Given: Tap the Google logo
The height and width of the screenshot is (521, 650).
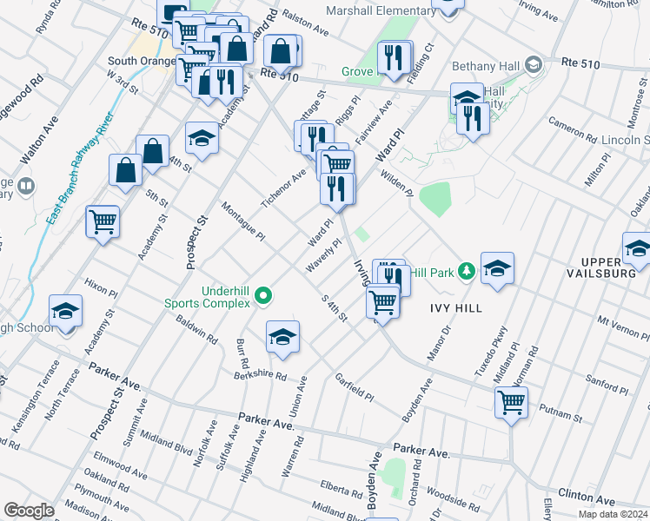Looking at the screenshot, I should click(29, 511).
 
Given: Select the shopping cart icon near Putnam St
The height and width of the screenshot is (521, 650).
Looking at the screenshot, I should click(511, 402).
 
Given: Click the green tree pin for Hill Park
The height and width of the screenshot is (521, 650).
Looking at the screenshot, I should click(466, 273).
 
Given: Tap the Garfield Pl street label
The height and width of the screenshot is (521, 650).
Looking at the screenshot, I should click(354, 387).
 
